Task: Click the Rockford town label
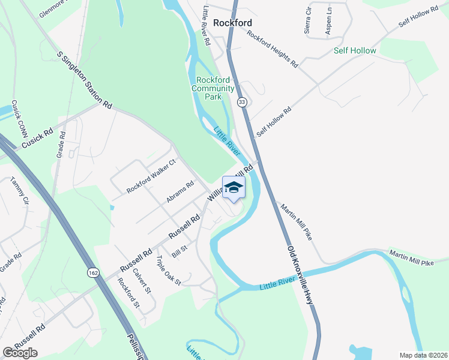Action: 232,23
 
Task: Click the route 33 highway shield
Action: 241,103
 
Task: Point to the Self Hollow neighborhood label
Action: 355,50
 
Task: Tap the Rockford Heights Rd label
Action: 272,49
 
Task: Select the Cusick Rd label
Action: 37,139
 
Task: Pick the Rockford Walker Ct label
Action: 151,176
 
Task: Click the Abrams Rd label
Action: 180,192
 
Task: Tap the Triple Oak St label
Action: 169,271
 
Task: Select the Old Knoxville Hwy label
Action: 301,275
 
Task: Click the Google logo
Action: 20,353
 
